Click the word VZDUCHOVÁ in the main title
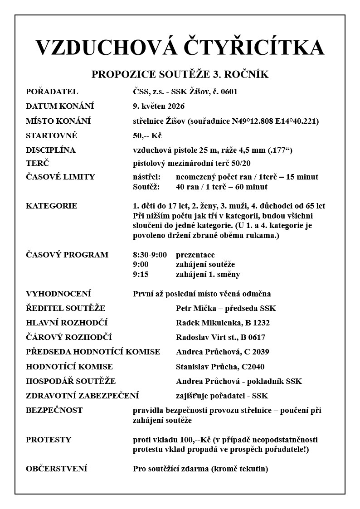(x=106, y=48)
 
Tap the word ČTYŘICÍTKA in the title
(x=253, y=48)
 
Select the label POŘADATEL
(x=52, y=92)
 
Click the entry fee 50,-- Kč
(x=147, y=136)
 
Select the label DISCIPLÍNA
(x=51, y=150)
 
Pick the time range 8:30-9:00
(x=150, y=255)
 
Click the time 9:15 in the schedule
(x=141, y=274)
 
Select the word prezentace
(x=195, y=255)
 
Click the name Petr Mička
(x=195, y=308)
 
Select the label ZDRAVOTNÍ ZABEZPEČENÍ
(x=83, y=396)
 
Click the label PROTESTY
(x=49, y=440)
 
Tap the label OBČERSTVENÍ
(x=57, y=469)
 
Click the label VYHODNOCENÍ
(x=58, y=294)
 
